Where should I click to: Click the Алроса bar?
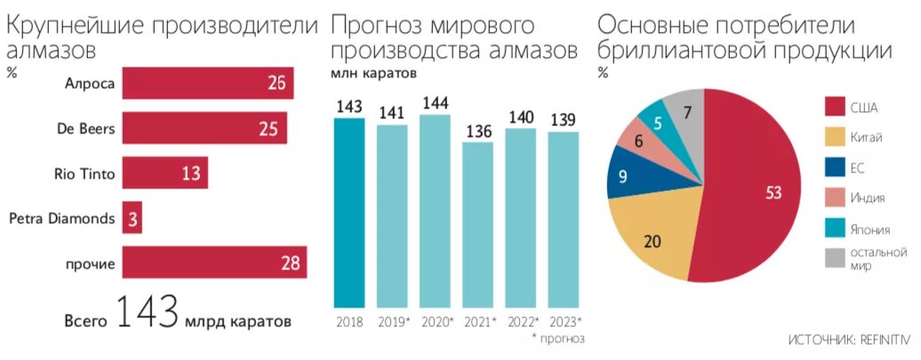click(x=207, y=83)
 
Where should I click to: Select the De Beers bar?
click(x=204, y=128)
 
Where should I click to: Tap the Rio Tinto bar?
click(x=164, y=173)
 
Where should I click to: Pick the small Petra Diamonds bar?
click(x=132, y=218)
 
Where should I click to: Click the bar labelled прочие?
click(x=214, y=263)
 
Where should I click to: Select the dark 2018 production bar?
click(x=349, y=213)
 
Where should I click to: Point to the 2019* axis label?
click(x=393, y=321)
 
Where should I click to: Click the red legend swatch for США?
click(x=835, y=108)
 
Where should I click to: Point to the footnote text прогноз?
click(x=562, y=339)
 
